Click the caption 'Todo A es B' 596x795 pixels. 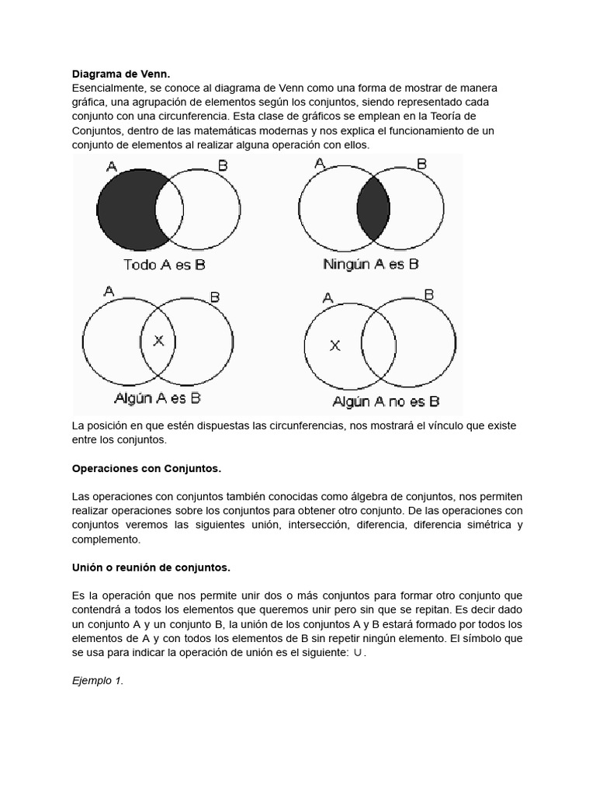[x=164, y=264]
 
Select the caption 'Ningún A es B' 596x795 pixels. [x=371, y=264]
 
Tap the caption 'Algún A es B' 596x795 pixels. [x=158, y=397]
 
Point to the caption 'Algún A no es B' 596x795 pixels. [x=386, y=401]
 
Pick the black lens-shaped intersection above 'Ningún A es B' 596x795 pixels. [x=372, y=208]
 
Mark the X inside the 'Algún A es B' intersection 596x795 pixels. [x=158, y=340]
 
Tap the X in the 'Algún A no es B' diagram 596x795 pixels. [x=335, y=345]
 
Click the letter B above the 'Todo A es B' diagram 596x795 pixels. [x=223, y=165]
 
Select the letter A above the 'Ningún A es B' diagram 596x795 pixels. [x=320, y=163]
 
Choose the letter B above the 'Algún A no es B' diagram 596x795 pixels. [x=428, y=295]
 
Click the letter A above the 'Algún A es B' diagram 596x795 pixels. [x=109, y=291]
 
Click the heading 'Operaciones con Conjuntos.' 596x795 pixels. [x=147, y=468]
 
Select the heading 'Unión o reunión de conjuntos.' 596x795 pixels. [x=151, y=568]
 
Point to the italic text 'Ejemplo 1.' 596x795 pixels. [x=98, y=681]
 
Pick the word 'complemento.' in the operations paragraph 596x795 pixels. [x=104, y=540]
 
